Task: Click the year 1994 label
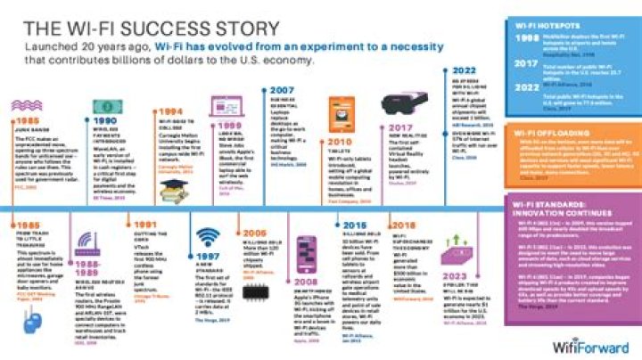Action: (169, 111)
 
